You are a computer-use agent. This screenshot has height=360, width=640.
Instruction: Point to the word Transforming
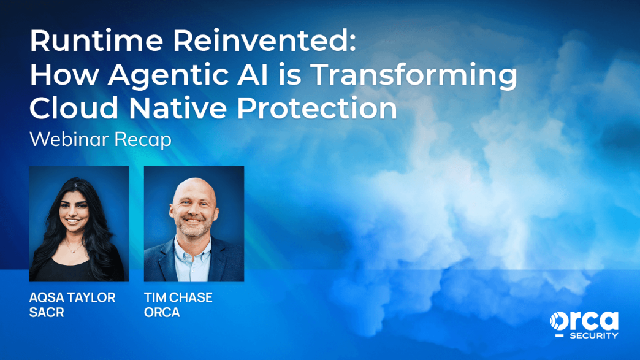[413, 75]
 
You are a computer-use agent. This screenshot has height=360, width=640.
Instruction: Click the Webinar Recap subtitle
[100, 139]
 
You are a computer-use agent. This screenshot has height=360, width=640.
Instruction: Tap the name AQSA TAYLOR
[72, 297]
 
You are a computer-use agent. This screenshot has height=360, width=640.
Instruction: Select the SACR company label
[47, 312]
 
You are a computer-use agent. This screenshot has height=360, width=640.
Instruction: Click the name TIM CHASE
[178, 297]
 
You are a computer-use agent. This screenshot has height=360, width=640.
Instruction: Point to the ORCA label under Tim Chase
[162, 312]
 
